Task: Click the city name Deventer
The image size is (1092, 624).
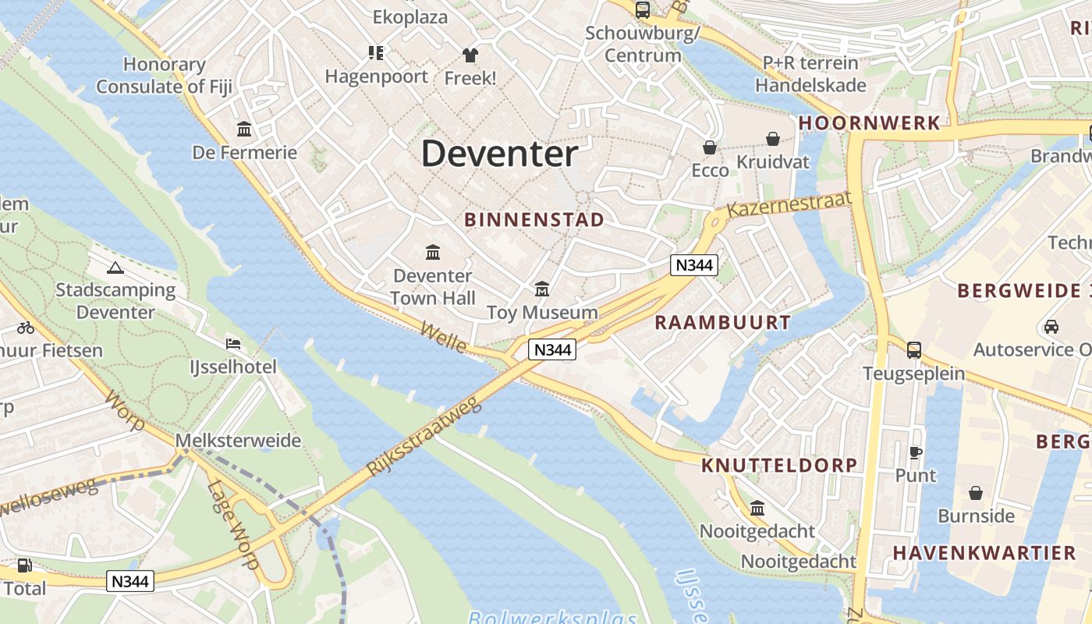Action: (499, 154)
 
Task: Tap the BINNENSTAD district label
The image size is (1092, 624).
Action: (534, 219)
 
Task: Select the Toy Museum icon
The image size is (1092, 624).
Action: (542, 289)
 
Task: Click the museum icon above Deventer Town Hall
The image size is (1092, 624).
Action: (432, 252)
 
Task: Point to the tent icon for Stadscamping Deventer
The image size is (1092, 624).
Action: (115, 268)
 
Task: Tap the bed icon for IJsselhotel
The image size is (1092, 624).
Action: (232, 344)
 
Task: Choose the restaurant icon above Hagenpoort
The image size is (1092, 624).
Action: (376, 53)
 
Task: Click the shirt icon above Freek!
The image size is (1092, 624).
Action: (470, 55)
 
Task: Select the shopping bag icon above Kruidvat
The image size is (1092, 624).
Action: (772, 139)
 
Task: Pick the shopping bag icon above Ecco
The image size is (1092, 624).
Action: (710, 147)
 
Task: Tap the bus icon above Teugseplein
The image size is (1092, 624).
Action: (913, 350)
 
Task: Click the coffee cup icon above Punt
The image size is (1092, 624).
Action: (916, 452)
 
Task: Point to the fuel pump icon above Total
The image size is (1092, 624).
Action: (25, 565)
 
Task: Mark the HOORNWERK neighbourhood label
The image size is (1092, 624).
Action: (869, 123)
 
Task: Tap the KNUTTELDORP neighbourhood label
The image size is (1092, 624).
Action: (779, 466)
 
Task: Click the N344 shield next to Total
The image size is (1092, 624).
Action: (130, 581)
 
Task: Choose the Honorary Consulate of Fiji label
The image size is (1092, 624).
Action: (165, 76)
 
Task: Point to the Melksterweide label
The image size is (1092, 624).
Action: (238, 441)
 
